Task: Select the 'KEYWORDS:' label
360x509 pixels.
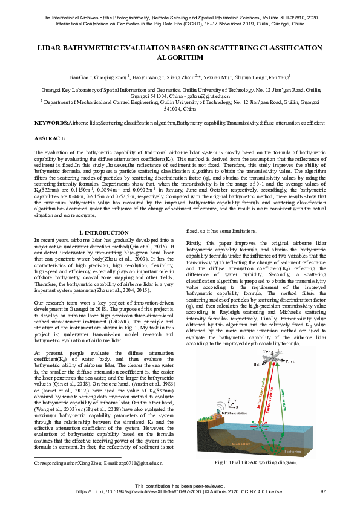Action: (x=51, y=123)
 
